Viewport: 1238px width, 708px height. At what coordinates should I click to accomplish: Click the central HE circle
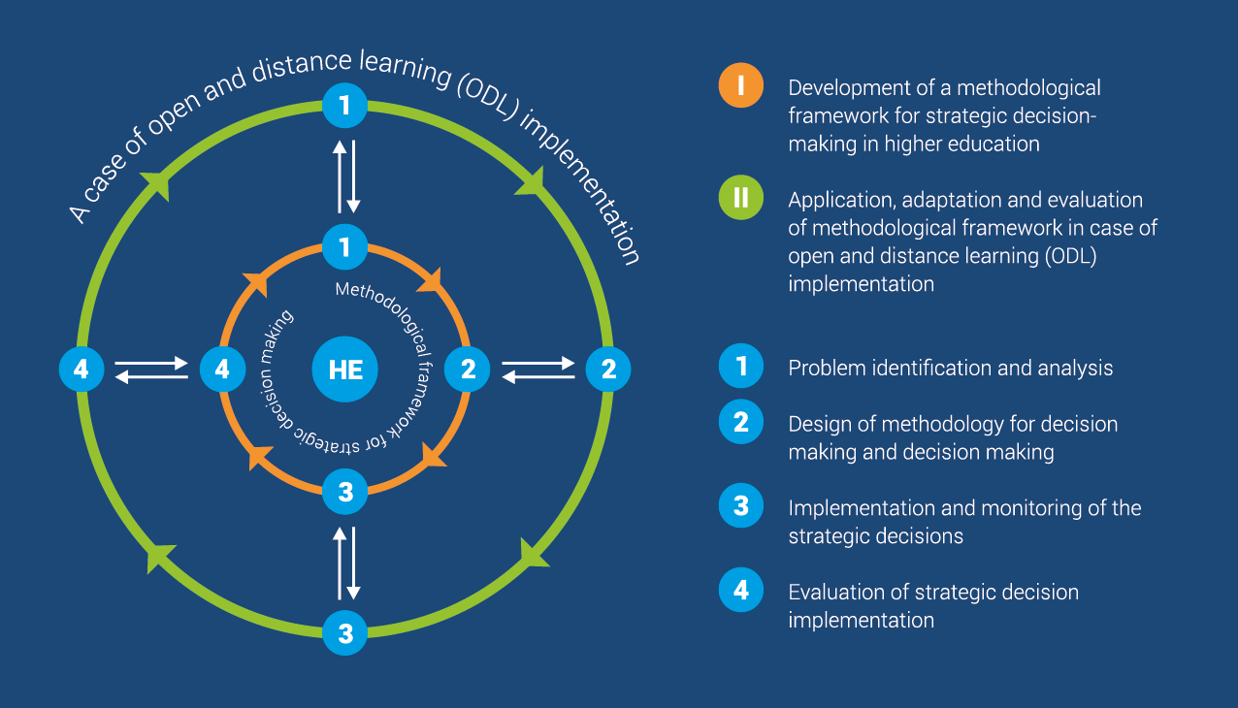tap(344, 369)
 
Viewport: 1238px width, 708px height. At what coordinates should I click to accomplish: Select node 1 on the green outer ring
tap(344, 106)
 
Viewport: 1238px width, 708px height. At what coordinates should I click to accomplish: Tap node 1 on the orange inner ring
tap(344, 247)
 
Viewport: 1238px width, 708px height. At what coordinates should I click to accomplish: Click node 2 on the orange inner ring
tap(468, 369)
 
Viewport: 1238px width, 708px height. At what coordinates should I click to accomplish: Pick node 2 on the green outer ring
tap(608, 369)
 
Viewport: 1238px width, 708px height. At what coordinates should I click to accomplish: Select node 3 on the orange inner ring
tap(344, 492)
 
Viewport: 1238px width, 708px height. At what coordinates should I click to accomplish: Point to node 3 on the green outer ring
tap(344, 633)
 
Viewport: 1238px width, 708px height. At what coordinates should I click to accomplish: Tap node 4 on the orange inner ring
tap(223, 369)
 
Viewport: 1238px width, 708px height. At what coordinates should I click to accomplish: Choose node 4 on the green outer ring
tap(81, 369)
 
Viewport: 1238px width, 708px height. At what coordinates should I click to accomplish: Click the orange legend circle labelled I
tap(741, 85)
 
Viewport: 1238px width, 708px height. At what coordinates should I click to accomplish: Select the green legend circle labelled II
tap(741, 197)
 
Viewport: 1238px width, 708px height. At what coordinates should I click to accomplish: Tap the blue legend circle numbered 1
tap(741, 366)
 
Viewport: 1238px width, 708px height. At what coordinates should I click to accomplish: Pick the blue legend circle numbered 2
tap(741, 422)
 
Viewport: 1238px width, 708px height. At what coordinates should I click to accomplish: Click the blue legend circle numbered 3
tap(741, 506)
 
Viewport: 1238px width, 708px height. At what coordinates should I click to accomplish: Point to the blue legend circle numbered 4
tap(741, 590)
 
